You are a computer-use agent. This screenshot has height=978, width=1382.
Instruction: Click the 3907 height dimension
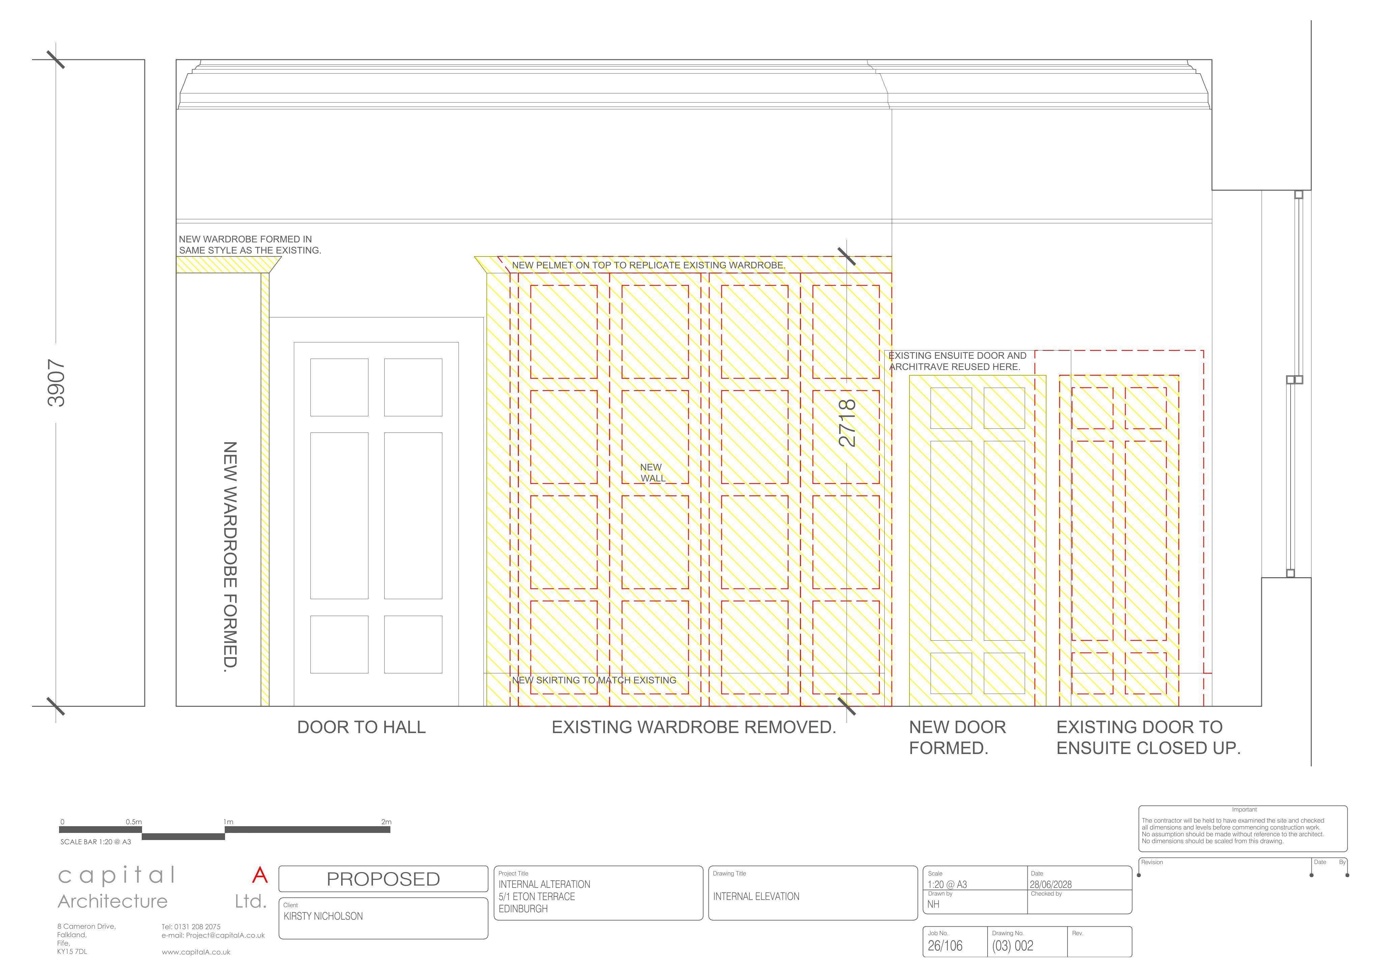[x=56, y=383]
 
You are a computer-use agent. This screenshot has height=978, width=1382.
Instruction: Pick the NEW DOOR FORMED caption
[x=958, y=738]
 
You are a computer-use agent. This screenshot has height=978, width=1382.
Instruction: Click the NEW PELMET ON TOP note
[x=648, y=265]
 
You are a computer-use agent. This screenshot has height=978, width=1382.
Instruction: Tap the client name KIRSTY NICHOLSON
[x=323, y=917]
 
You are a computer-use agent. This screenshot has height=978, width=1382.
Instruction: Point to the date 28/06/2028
[x=1051, y=885]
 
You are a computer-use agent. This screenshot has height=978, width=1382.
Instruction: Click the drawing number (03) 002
[x=1013, y=946]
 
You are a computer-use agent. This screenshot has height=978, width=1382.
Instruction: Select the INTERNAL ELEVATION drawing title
[x=756, y=897]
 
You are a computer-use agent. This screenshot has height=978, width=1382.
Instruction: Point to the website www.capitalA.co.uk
[x=196, y=952]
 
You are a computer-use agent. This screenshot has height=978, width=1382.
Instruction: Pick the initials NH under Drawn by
[x=933, y=904]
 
